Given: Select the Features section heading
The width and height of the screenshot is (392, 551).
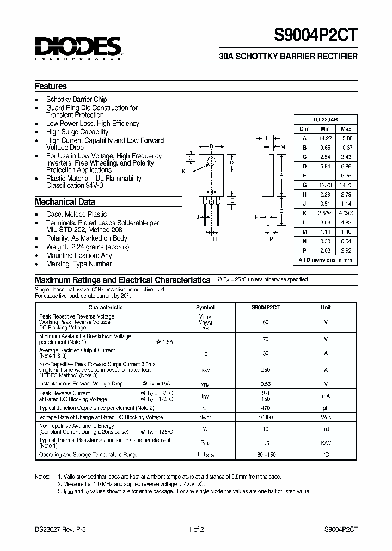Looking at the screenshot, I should pyautogui.click(x=51, y=87).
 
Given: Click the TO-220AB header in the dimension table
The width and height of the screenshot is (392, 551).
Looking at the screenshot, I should pyautogui.click(x=325, y=119).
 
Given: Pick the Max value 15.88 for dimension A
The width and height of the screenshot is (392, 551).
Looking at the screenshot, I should pyautogui.click(x=346, y=138).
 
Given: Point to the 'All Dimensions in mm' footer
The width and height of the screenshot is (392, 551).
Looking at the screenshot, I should pyautogui.click(x=325, y=260).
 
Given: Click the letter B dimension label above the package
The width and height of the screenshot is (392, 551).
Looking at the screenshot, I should pyautogui.click(x=211, y=146).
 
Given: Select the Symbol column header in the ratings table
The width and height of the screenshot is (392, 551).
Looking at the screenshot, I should pyautogui.click(x=205, y=307).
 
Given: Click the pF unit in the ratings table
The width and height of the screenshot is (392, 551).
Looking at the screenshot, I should pyautogui.click(x=326, y=408).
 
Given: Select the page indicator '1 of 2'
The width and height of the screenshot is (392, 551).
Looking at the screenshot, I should pyautogui.click(x=195, y=529).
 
